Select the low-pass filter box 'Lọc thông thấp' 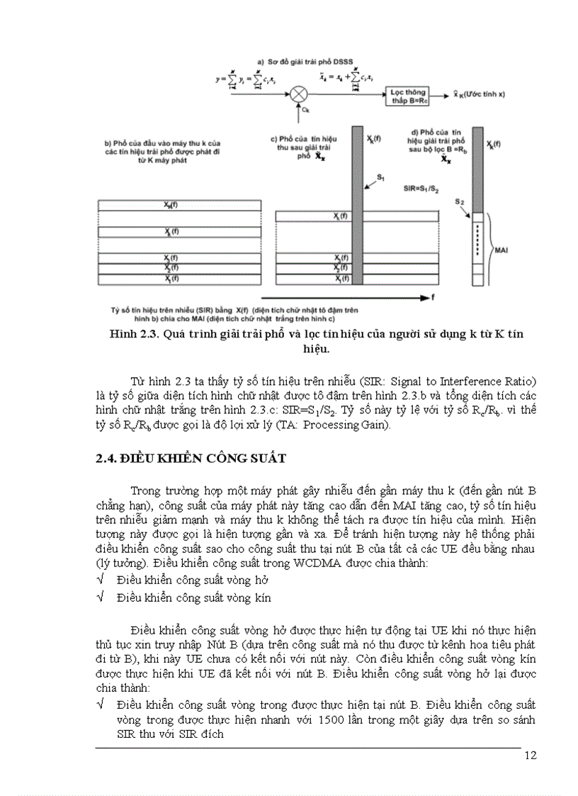coord(406,92)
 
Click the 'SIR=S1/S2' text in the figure coord(420,190)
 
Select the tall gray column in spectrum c coord(356,206)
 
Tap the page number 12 coord(531,755)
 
